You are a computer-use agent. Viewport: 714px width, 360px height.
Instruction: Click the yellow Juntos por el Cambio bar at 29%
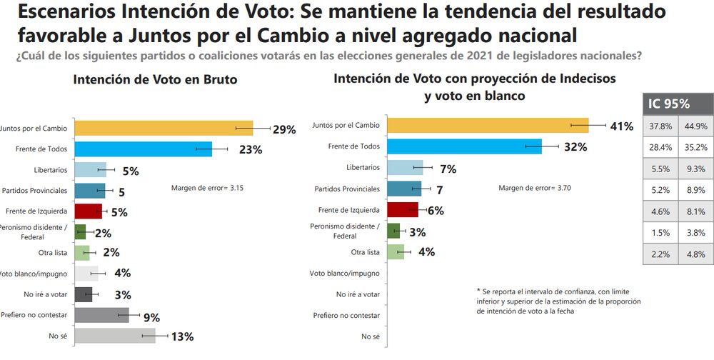[164, 129]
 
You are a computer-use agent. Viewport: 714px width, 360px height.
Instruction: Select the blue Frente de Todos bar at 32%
[463, 146]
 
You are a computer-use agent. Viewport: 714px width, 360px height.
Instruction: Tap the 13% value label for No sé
[182, 337]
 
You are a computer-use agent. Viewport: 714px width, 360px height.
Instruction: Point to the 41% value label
[621, 126]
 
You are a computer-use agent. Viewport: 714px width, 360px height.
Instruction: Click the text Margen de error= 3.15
[208, 188]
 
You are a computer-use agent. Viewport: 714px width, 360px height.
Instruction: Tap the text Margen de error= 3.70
[535, 188]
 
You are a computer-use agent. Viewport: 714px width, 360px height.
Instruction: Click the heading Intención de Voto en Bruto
[155, 80]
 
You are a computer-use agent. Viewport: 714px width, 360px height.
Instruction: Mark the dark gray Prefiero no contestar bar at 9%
[101, 315]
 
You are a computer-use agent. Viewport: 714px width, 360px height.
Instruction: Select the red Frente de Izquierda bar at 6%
[402, 210]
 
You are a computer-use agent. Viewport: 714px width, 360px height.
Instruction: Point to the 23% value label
[251, 149]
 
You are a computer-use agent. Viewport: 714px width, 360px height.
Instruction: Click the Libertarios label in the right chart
[362, 168]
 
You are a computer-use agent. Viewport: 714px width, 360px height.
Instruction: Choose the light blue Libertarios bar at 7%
[404, 168]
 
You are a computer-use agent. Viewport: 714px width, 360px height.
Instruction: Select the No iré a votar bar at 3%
[83, 294]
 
